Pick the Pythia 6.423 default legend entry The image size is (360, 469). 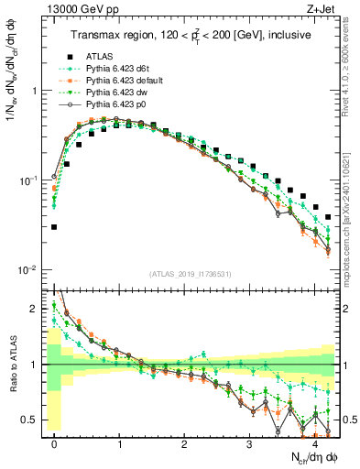pos(122,81)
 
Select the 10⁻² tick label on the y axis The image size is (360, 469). pos(29,270)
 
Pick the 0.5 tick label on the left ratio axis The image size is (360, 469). pos(29,420)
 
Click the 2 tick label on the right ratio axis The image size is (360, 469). pos(348,309)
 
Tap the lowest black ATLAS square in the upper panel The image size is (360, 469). pos(55,226)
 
